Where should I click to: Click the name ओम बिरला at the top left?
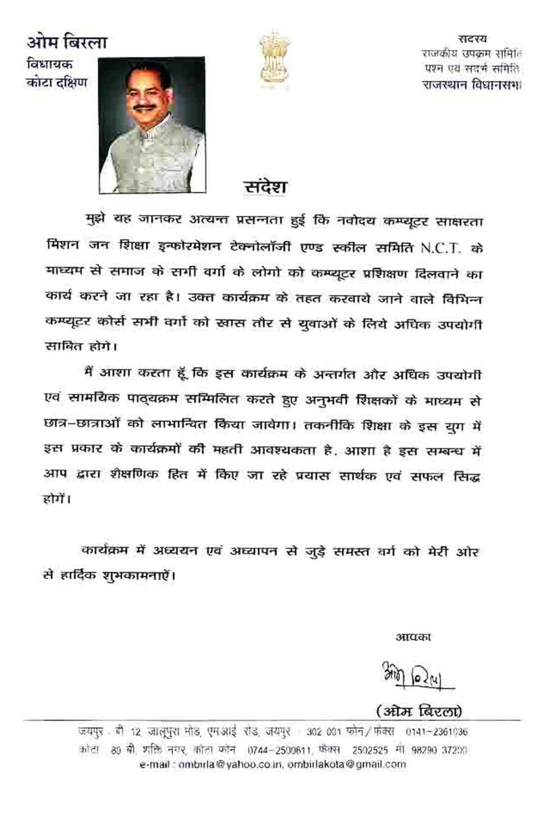(66, 42)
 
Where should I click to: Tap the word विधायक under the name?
(50, 64)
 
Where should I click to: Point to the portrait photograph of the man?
(152, 124)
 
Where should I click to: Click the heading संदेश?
(264, 187)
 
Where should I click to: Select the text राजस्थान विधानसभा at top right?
(471, 85)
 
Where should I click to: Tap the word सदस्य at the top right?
(472, 38)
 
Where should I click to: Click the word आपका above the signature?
(413, 637)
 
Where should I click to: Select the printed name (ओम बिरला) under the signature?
(419, 711)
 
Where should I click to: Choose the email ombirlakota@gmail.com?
(347, 765)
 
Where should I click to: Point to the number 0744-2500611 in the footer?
(279, 751)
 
